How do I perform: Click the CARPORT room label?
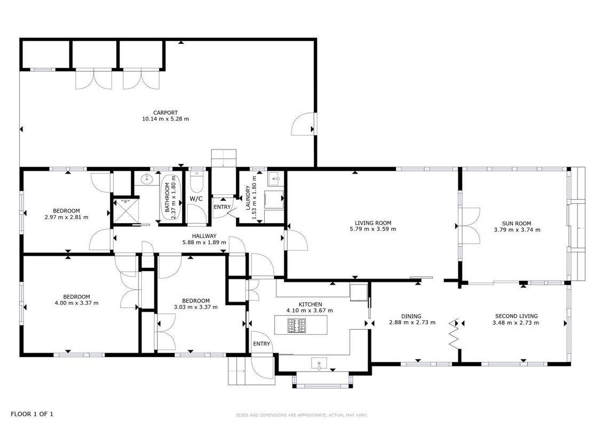coord(165,113)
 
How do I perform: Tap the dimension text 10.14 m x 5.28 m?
coord(165,119)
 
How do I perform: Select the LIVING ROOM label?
coord(373,223)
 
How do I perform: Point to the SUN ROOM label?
coord(516,224)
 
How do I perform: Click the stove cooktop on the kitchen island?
coord(297,326)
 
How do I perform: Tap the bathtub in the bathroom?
coord(171,197)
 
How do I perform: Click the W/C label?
coord(196,199)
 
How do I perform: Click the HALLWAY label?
coord(204,236)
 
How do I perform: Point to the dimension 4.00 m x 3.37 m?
coord(77,303)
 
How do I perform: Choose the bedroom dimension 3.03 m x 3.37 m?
coord(196,307)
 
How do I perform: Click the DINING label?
coord(411,317)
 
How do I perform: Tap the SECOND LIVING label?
coord(516,317)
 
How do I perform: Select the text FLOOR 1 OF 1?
coord(32,414)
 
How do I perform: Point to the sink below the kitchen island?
coord(319,363)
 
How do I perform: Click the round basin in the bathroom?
coord(146,179)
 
